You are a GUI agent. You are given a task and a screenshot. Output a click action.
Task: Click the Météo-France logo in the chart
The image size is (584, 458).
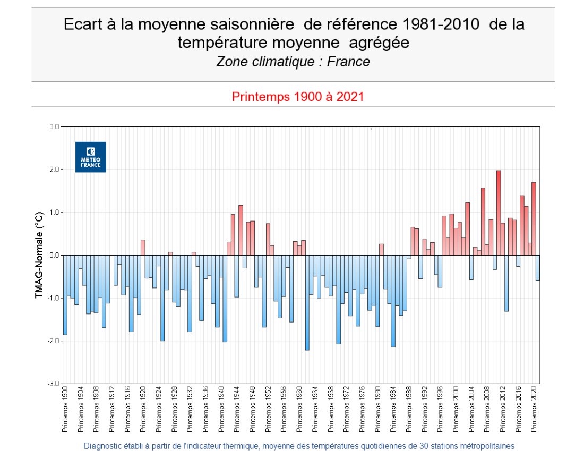pyautogui.click(x=90, y=157)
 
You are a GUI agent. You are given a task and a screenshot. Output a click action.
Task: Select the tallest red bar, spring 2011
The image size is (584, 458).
pyautogui.click(x=499, y=213)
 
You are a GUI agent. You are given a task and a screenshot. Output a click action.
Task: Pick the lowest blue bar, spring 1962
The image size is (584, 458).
pyautogui.click(x=307, y=303)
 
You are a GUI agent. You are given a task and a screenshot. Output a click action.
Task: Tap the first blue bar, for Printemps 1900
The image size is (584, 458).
pyautogui.click(x=65, y=295)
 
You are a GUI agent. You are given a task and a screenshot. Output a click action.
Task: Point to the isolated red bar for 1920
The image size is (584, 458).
pyautogui.click(x=143, y=248)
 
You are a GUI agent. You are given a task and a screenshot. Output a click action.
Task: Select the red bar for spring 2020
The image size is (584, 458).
pyautogui.click(x=534, y=218)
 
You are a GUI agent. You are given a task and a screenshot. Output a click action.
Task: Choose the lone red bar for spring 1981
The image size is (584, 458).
pyautogui.click(x=381, y=250)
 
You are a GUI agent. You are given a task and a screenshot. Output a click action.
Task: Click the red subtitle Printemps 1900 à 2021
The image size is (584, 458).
pyautogui.click(x=297, y=97)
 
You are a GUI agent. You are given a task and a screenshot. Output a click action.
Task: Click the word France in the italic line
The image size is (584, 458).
pyautogui.click(x=348, y=62)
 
